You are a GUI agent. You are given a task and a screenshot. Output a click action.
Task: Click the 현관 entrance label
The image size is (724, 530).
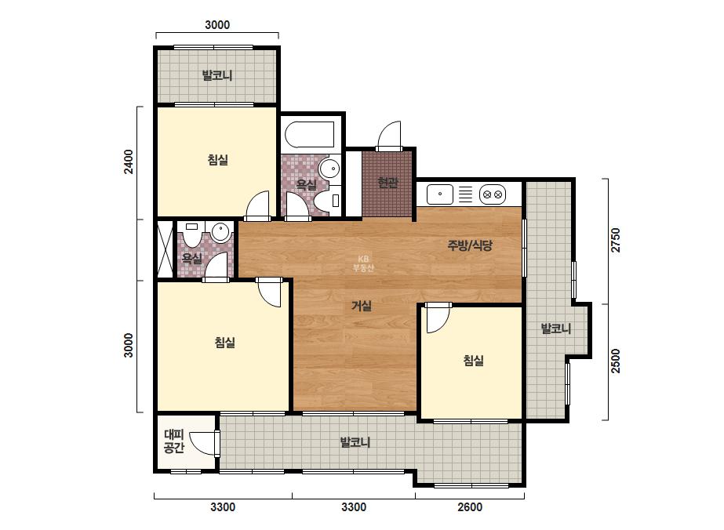pyautogui.click(x=387, y=183)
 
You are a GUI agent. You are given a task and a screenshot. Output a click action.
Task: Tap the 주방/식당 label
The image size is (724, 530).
pyautogui.click(x=470, y=245)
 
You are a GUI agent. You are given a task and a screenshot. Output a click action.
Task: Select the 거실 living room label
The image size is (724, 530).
pyautogui.click(x=362, y=306)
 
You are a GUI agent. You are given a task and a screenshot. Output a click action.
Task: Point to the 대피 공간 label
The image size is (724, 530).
pyautogui.click(x=174, y=441)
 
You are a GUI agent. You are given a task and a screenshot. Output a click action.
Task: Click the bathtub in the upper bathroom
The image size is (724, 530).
pyautogui.click(x=309, y=135)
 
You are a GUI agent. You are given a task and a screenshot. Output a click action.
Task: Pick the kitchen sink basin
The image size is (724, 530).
pyautogui.click(x=439, y=194)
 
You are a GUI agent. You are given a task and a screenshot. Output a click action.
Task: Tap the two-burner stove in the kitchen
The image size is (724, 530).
pyautogui.click(x=492, y=194)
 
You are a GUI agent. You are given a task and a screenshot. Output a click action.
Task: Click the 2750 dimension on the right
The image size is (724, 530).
pyautogui.click(x=616, y=240)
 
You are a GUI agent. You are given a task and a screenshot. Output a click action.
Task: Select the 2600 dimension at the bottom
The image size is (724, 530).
pyautogui.click(x=470, y=507)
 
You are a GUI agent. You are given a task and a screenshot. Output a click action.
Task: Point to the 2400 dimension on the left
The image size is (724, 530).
pyautogui.click(x=129, y=162)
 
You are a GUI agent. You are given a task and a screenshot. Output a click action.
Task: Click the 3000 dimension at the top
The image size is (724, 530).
pyautogui.click(x=217, y=24)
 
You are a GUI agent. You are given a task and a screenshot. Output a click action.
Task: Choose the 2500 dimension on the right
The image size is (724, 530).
pyautogui.click(x=616, y=361)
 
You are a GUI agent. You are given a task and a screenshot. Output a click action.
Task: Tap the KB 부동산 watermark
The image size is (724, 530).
pyautogui.click(x=363, y=263)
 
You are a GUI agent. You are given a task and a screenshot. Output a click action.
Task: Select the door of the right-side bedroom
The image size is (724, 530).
pyautogui.click(x=437, y=318)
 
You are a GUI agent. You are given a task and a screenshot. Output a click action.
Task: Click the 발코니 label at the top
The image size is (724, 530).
pyautogui.click(x=217, y=75)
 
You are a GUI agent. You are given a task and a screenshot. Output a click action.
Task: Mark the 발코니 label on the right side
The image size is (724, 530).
pyautogui.click(x=556, y=329)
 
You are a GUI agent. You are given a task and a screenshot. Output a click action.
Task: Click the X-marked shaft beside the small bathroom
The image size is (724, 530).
pyautogui.click(x=165, y=249)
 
